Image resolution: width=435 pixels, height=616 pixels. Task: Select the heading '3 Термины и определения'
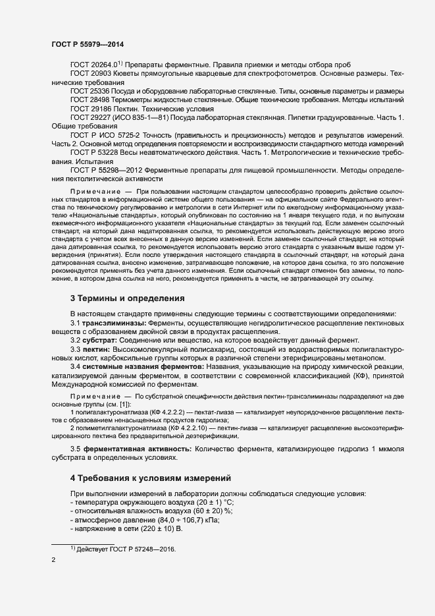pyautogui.click(x=127, y=298)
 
